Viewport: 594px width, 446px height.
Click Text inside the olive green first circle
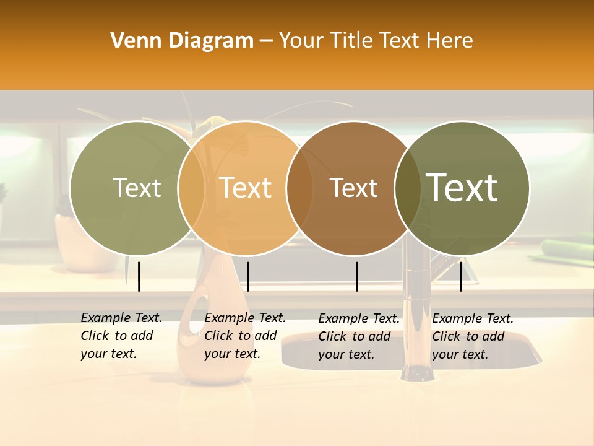tap(137, 188)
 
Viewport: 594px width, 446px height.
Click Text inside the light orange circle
tap(246, 188)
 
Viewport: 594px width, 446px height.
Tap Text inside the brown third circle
tap(353, 188)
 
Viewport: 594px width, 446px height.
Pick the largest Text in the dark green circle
tap(462, 188)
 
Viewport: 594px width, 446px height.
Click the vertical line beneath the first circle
tap(139, 276)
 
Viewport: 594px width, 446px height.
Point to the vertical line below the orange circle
tap(247, 276)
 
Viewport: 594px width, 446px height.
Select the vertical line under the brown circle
tap(356, 276)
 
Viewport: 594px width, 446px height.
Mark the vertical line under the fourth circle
tap(460, 276)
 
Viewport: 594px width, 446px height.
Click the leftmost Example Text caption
tap(121, 336)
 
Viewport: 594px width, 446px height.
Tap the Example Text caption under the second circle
tap(244, 336)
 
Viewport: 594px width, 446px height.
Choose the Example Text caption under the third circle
tap(358, 336)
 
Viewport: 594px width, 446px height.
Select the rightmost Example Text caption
tap(472, 336)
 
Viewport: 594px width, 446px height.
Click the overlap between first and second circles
tap(192, 188)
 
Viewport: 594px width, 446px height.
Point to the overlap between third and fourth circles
tap(408, 188)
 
